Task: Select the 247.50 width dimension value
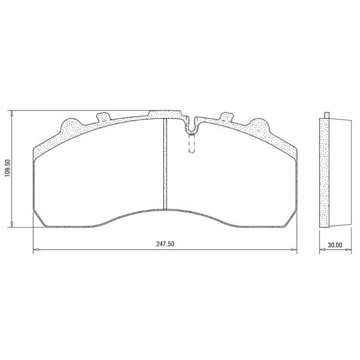point(165,245)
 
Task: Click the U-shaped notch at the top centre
point(191,127)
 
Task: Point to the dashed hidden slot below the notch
point(191,145)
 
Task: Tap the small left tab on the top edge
point(103,115)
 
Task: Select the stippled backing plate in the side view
point(325,174)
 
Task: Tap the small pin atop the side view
point(326,115)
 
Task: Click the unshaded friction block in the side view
point(340,174)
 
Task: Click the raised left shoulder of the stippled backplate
point(69,126)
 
